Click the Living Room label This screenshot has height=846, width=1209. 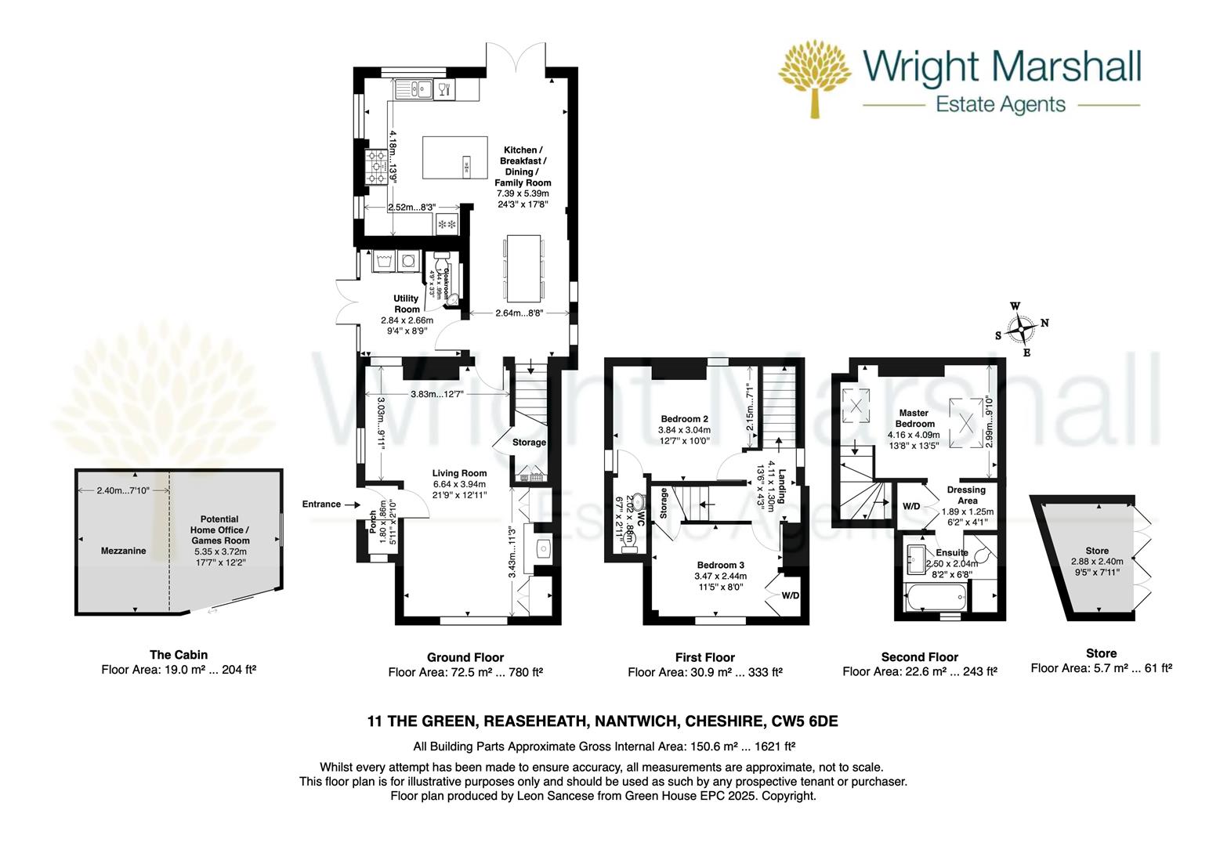(x=459, y=472)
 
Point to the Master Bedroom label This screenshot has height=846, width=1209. (x=914, y=418)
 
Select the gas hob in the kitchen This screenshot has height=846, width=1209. (x=376, y=167)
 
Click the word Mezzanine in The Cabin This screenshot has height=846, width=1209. (x=124, y=551)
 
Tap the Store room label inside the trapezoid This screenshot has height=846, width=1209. (x=1096, y=551)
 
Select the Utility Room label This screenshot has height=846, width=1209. (x=407, y=303)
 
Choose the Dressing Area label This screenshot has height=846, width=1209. (x=965, y=495)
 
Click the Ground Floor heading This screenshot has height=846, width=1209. (x=465, y=657)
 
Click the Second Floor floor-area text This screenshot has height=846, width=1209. (x=919, y=671)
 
